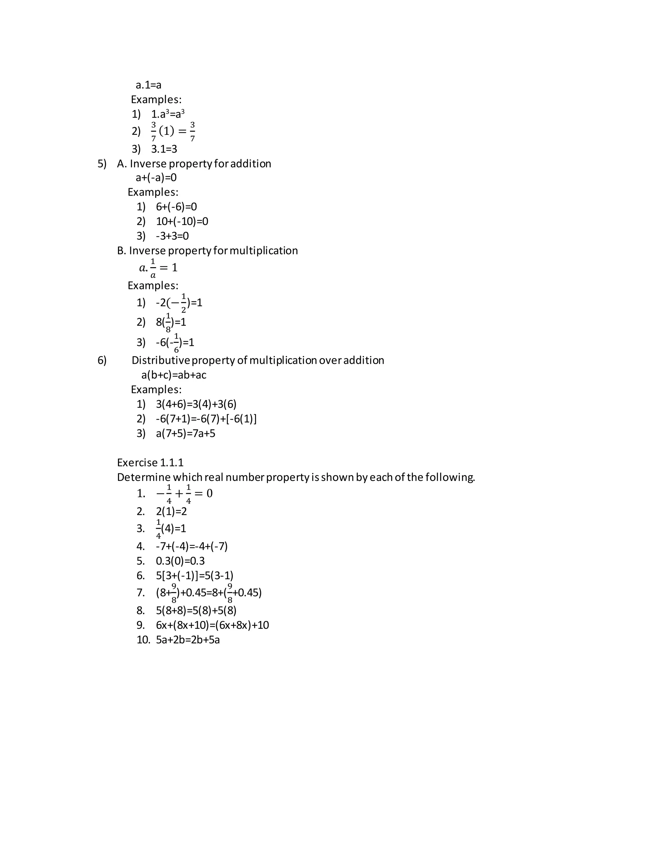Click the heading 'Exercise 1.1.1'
tap(150, 463)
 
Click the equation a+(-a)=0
tap(156, 178)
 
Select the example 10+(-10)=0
tap(182, 221)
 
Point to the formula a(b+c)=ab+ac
tap(174, 375)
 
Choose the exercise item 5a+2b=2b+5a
tap(188, 640)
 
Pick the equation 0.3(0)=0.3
tap(180, 561)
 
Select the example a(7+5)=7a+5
tap(186, 434)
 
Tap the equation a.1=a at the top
tap(149, 85)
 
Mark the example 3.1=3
tap(164, 149)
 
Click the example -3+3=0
tap(172, 236)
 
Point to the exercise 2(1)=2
tap(171, 511)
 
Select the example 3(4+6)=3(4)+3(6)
tap(196, 404)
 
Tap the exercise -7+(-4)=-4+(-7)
tap(192, 546)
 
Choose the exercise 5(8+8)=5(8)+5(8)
tap(196, 611)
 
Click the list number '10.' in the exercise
tap(143, 640)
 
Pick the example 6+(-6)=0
tap(176, 207)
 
